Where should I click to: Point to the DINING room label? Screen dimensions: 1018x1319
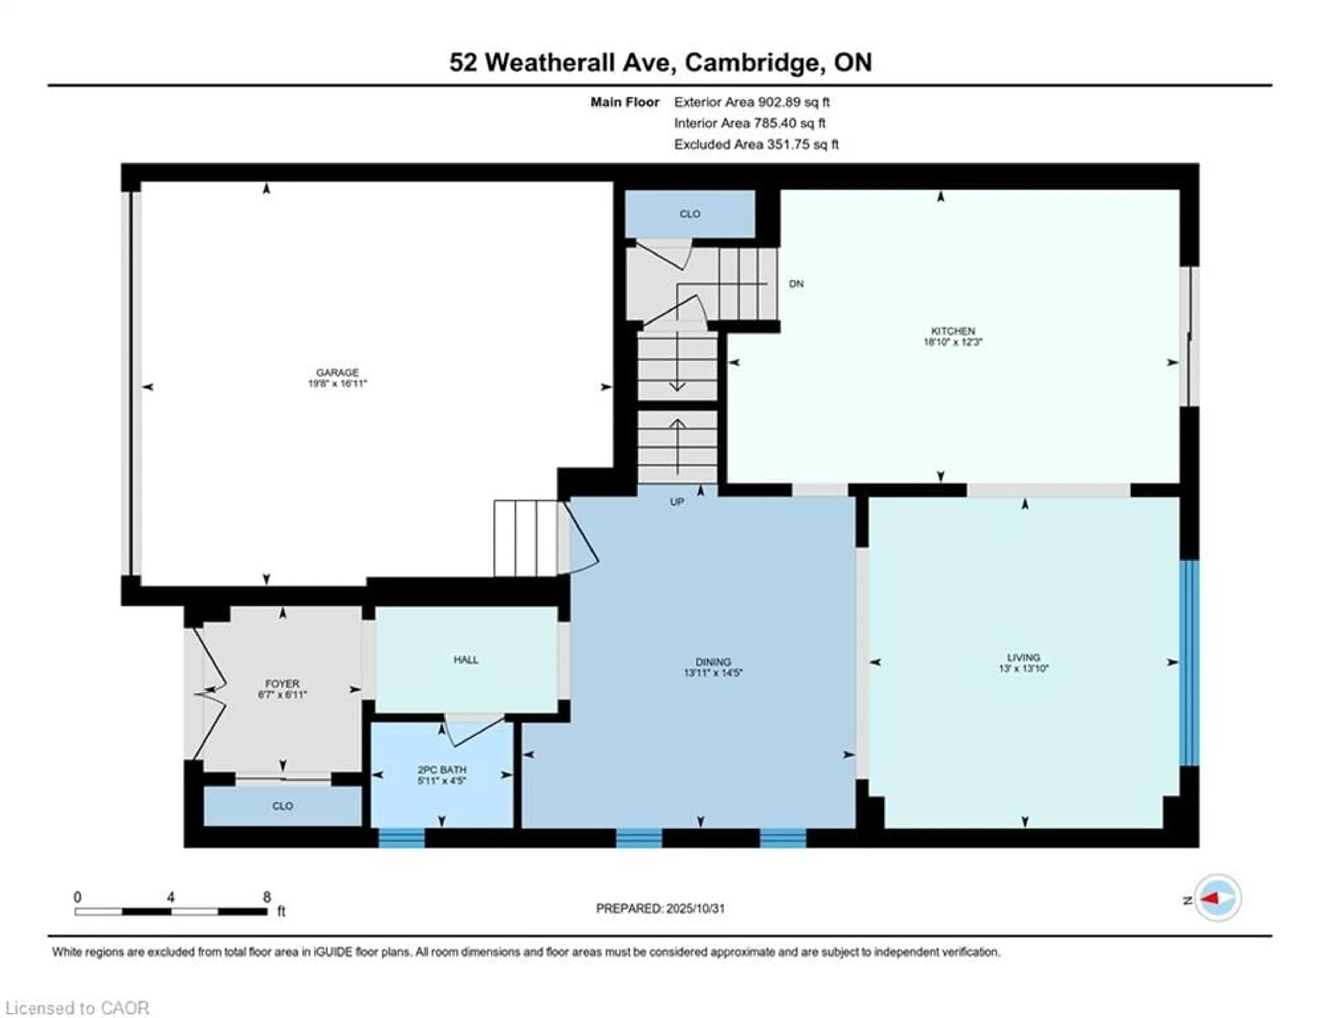click(x=713, y=662)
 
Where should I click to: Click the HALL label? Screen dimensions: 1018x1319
click(x=466, y=660)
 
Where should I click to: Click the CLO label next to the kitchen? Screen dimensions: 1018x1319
click(x=690, y=214)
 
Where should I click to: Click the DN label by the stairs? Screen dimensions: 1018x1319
click(x=796, y=284)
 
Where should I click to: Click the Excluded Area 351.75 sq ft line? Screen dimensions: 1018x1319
click(x=756, y=144)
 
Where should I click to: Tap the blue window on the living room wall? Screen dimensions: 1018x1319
click(x=1189, y=663)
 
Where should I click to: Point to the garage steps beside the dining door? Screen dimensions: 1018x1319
click(x=525, y=538)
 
